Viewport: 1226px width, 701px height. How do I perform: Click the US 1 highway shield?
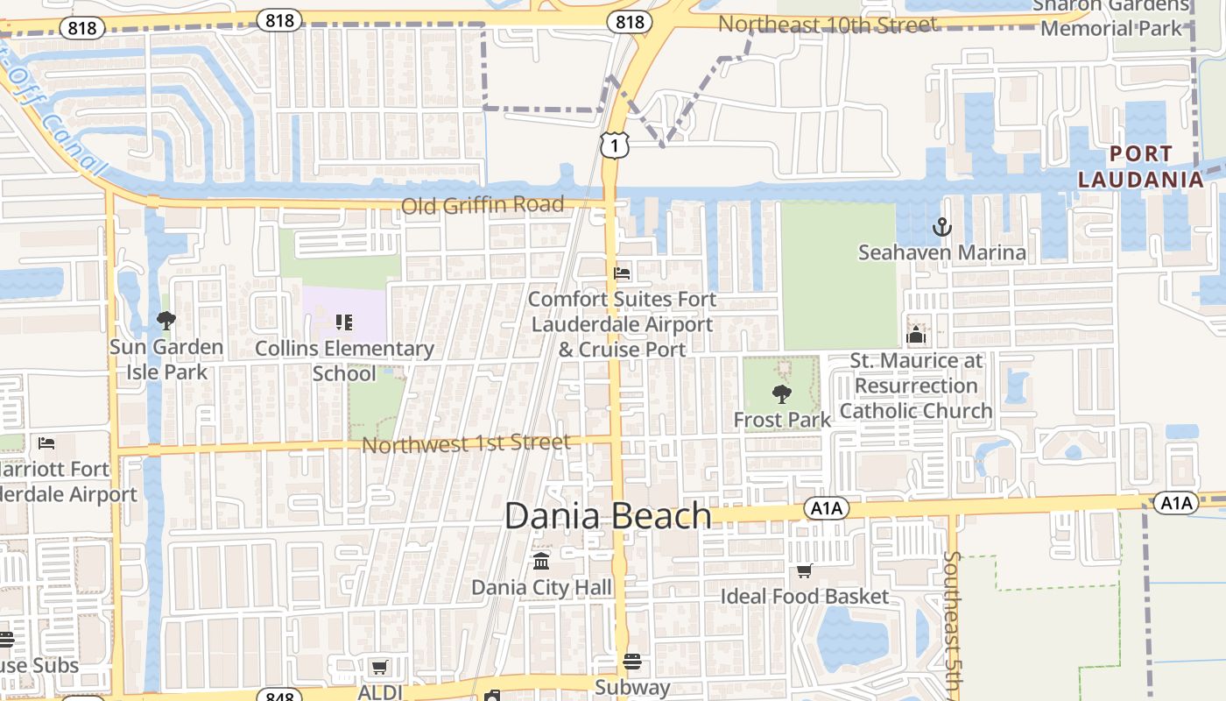[x=615, y=145]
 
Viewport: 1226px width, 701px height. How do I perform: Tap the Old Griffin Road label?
[x=483, y=205]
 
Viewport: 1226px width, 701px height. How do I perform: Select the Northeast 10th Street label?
[x=828, y=25]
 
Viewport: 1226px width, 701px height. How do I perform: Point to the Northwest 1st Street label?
[x=466, y=443]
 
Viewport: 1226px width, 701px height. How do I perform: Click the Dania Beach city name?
[x=608, y=515]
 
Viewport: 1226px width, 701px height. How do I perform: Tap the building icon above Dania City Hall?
[x=541, y=561]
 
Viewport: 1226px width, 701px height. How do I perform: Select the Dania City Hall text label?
[x=542, y=586]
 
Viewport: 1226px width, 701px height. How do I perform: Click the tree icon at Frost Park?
[x=781, y=393]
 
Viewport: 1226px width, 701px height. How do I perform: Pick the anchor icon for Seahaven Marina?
[x=941, y=228]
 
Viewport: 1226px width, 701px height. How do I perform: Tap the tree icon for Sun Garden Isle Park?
[x=166, y=321]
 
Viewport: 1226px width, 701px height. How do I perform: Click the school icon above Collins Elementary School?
[x=344, y=322]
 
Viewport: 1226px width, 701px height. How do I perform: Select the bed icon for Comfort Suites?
[x=622, y=273]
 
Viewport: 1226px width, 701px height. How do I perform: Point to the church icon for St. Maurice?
[x=916, y=335]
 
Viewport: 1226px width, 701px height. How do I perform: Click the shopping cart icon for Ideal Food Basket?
[x=804, y=570]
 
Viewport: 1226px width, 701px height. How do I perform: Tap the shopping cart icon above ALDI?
[x=379, y=667]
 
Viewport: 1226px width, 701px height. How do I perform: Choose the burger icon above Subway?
[x=632, y=662]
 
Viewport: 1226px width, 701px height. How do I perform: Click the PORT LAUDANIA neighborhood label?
[x=1140, y=166]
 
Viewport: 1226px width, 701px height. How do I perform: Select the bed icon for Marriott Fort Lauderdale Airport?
[x=46, y=443]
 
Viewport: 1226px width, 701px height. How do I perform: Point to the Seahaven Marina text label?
[x=941, y=252]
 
